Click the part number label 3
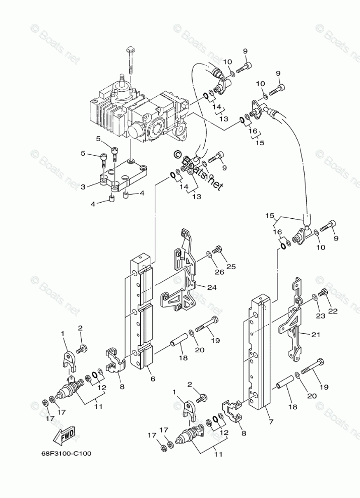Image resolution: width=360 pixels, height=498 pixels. [83, 186]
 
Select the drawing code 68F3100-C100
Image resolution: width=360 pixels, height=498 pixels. [67, 453]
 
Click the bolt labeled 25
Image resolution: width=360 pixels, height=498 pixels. [218, 250]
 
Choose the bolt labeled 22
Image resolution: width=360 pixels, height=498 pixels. [324, 292]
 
